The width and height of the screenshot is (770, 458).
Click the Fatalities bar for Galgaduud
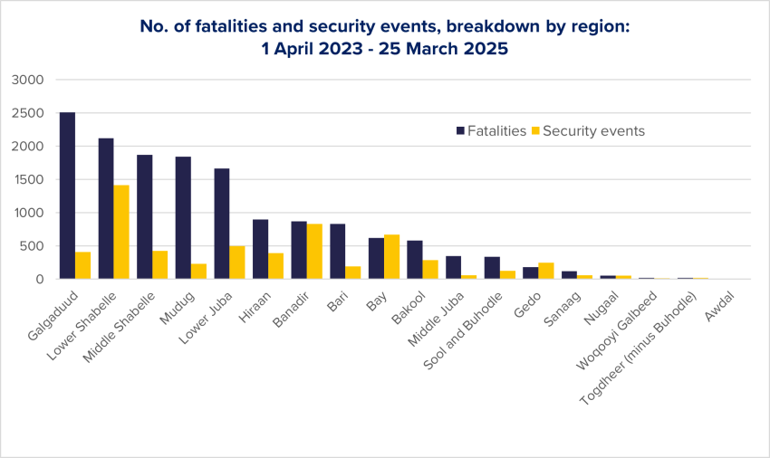[67, 196]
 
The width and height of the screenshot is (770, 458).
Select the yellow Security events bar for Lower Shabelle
[121, 233]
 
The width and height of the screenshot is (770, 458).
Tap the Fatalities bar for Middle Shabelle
[144, 217]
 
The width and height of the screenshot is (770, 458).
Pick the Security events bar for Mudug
[198, 272]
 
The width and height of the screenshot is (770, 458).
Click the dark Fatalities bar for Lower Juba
[222, 224]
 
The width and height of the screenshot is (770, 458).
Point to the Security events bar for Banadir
[314, 252]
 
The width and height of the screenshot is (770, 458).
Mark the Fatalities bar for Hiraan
[260, 250]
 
